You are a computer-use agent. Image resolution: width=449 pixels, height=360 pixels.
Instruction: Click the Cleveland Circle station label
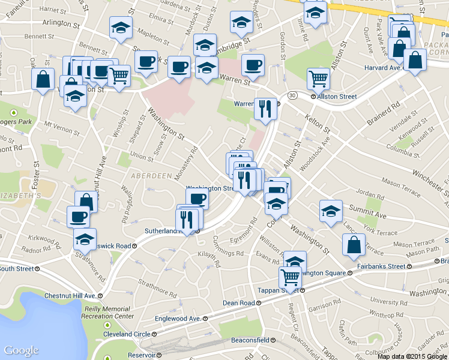pyautogui.click(x=128, y=334)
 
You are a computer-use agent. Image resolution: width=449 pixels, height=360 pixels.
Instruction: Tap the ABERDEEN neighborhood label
pyautogui.click(x=148, y=175)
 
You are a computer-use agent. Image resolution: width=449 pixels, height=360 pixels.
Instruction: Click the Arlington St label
pyautogui.click(x=59, y=26)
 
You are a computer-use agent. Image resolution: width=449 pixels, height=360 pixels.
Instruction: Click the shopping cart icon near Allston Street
pyautogui.click(x=318, y=78)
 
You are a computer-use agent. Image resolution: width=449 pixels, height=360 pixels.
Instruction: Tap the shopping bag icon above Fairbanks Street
pyautogui.click(x=354, y=244)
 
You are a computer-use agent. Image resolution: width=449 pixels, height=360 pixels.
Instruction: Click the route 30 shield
pyautogui.click(x=292, y=95)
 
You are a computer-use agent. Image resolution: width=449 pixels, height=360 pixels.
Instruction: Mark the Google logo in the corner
pyautogui.click(x=21, y=350)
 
